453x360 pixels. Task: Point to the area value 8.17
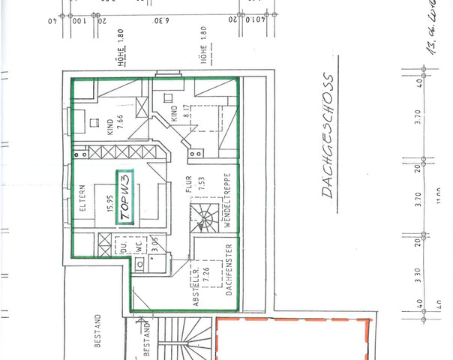click(184, 115)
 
